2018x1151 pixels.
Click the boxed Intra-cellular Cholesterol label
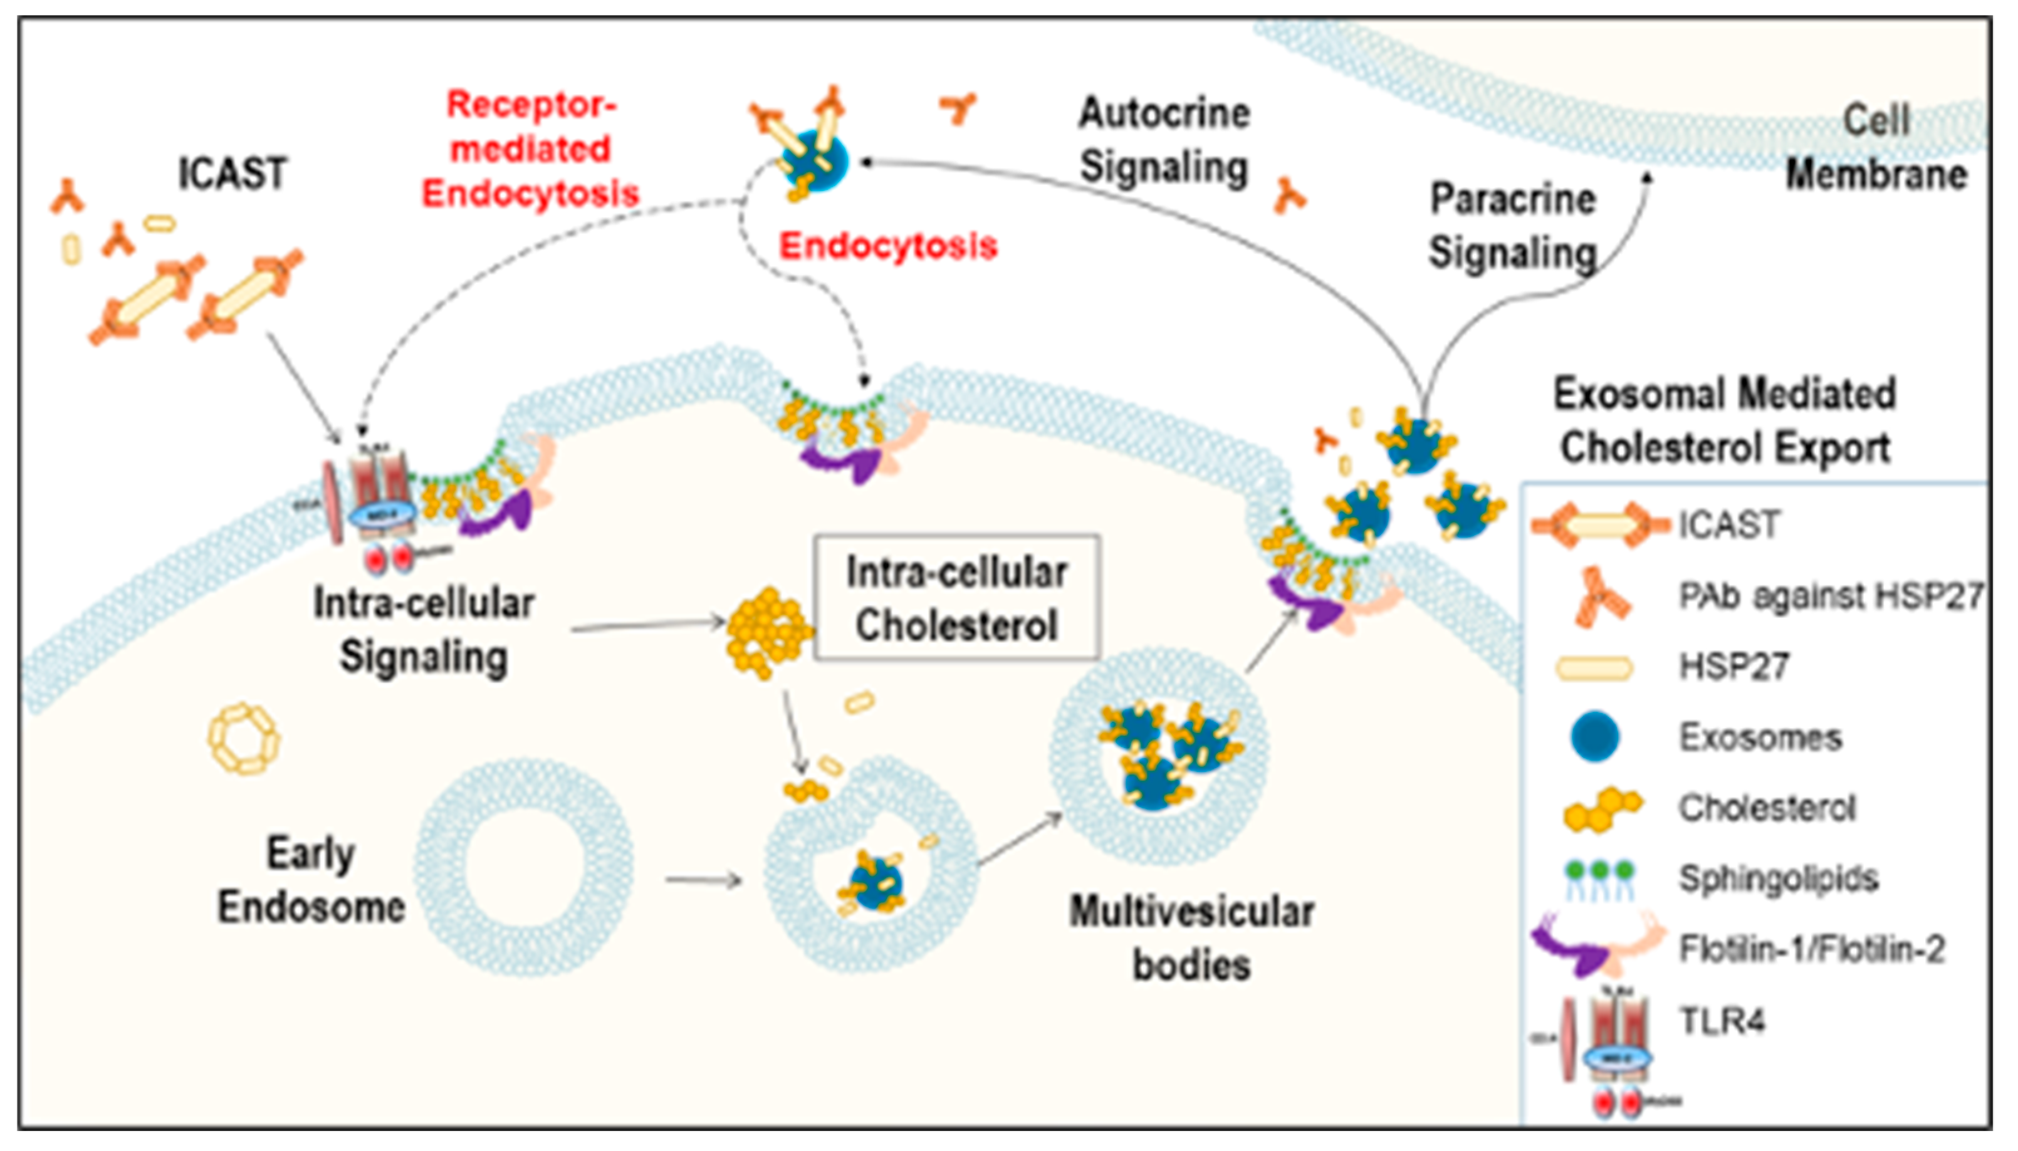(956, 598)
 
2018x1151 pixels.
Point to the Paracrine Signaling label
(1512, 226)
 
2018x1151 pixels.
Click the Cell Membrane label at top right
(1876, 148)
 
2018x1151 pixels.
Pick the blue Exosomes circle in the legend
(1594, 736)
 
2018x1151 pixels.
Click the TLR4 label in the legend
(1722, 1021)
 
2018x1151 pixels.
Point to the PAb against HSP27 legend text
(1830, 596)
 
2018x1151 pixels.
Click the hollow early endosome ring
(524, 867)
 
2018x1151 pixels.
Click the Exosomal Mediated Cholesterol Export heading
(1725, 420)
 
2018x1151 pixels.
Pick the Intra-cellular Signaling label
(424, 630)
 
